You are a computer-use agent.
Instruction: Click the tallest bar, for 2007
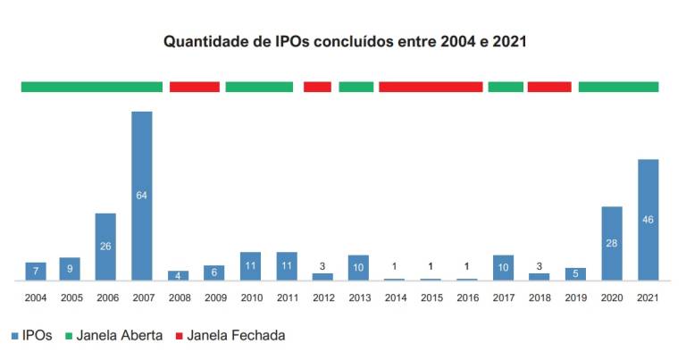pos(142,196)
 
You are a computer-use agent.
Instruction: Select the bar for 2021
pos(648,220)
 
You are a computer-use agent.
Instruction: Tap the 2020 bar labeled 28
pos(612,243)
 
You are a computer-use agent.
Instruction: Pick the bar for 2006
pos(105,247)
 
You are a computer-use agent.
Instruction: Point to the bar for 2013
pos(359,267)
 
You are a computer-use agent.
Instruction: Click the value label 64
pos(142,196)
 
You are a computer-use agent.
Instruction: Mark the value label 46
pos(648,220)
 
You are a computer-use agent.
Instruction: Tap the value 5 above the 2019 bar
pos(575,272)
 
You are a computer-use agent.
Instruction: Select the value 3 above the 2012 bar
pos(322,265)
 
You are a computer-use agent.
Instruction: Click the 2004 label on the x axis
pos(36,297)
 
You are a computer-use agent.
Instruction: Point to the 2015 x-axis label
pos(431,297)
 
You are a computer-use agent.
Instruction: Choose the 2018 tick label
pos(540,297)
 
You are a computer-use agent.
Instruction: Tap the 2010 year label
pos(250,297)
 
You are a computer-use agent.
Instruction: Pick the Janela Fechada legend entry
pos(233,336)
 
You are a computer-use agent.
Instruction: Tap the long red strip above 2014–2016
pos(431,87)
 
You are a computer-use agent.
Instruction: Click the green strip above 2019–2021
pos(618,87)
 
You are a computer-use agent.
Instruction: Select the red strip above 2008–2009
pos(195,87)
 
